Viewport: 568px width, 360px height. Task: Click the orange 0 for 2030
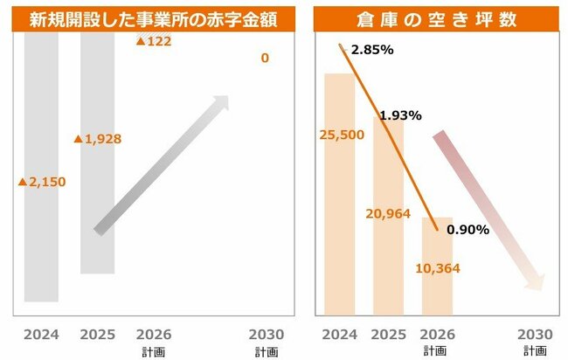pyautogui.click(x=264, y=59)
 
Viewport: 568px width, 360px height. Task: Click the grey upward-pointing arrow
pyautogui.click(x=162, y=165)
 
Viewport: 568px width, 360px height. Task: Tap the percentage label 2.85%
pyautogui.click(x=371, y=50)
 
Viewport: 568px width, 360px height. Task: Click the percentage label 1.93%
pyautogui.click(x=401, y=114)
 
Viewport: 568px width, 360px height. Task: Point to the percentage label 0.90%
pyautogui.click(x=467, y=230)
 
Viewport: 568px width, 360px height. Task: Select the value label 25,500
pyautogui.click(x=340, y=135)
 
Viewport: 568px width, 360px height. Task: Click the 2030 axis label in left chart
pyautogui.click(x=266, y=334)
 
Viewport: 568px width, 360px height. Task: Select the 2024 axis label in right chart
pyautogui.click(x=339, y=334)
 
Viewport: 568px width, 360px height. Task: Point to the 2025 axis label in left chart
pyautogui.click(x=97, y=334)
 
